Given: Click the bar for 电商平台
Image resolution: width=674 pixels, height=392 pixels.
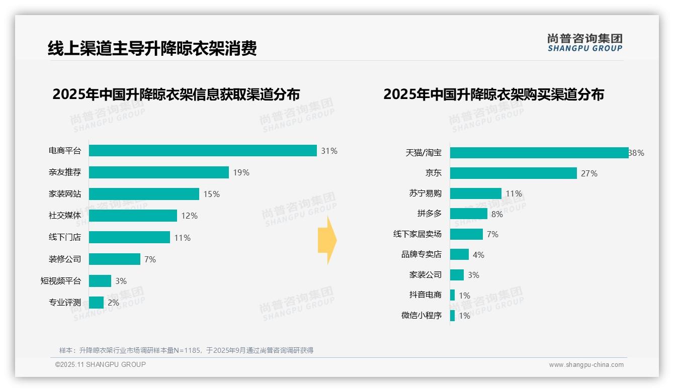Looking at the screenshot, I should [x=203, y=151].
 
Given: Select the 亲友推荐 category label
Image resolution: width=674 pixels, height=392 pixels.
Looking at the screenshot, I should [x=65, y=172].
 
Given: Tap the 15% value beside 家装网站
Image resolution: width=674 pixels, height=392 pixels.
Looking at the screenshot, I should [x=211, y=194].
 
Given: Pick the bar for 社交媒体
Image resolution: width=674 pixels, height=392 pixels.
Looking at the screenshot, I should [x=133, y=216].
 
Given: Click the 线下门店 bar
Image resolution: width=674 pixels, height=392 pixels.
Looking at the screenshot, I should [x=129, y=237].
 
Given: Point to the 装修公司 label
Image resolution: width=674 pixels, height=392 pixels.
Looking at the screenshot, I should [x=65, y=259].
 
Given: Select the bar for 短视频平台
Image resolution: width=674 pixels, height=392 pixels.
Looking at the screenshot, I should [x=100, y=281].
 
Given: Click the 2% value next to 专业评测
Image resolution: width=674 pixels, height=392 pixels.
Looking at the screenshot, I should [x=113, y=303].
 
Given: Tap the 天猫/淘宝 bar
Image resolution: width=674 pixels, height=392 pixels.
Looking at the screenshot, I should [x=539, y=153].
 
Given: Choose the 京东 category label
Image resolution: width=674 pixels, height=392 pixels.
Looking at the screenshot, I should [x=433, y=173].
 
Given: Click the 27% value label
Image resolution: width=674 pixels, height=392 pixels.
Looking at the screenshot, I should [x=589, y=173].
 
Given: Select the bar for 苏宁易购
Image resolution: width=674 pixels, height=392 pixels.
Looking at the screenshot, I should [x=475, y=193].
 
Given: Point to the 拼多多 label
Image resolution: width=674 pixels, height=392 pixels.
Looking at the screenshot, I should [x=429, y=214].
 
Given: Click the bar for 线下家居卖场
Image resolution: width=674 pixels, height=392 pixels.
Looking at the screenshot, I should [x=466, y=234].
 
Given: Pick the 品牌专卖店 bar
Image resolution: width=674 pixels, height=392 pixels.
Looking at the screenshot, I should [x=459, y=255].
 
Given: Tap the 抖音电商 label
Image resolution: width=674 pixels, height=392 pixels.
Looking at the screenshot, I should [x=425, y=295].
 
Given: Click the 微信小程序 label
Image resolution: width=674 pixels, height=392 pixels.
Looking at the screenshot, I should [x=421, y=316].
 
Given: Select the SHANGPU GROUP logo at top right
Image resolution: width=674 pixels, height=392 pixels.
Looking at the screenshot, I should [x=584, y=43].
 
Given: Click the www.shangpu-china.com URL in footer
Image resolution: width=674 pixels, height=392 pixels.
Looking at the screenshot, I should [x=586, y=365].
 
